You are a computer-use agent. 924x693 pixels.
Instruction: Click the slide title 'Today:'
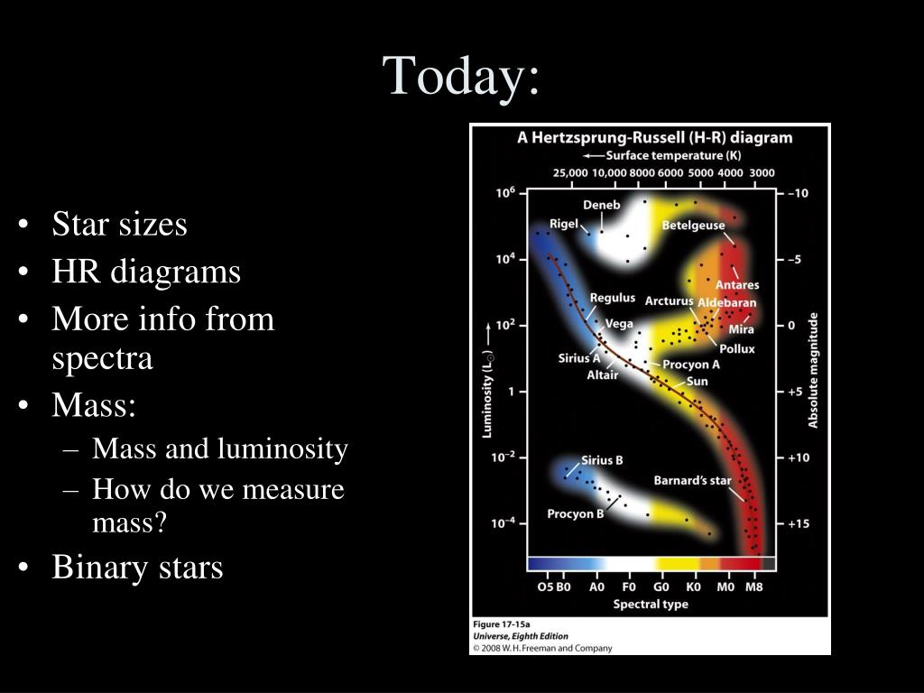coord(461,76)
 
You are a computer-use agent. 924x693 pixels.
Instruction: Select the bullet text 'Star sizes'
coord(120,224)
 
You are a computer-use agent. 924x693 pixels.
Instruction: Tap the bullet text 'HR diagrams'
coord(146,273)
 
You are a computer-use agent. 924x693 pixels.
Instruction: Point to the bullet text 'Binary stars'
coord(137,567)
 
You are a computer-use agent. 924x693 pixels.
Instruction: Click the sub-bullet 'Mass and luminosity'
coord(220,448)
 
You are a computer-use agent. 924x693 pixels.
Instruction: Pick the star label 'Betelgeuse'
coord(693,225)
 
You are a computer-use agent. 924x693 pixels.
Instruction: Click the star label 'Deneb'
coord(602,205)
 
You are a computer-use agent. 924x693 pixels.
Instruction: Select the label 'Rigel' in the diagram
coord(564,224)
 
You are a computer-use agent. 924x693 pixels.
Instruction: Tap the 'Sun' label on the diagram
coord(698,382)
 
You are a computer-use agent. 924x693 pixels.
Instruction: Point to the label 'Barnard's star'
coord(692,480)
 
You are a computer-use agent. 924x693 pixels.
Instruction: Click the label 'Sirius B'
coord(602,460)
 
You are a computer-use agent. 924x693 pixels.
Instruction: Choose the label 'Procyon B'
coord(575,513)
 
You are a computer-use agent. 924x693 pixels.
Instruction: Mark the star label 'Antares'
coord(737,284)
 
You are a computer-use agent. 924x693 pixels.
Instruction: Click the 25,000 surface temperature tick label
coord(570,172)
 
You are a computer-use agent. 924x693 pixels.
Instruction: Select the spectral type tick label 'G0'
coord(661,587)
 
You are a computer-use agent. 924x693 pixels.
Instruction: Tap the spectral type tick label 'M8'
coord(754,587)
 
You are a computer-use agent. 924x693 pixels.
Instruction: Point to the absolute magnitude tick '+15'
coord(799,523)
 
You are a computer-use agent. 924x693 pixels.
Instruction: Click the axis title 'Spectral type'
coord(651,604)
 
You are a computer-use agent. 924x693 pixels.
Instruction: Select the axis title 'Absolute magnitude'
coord(813,370)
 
